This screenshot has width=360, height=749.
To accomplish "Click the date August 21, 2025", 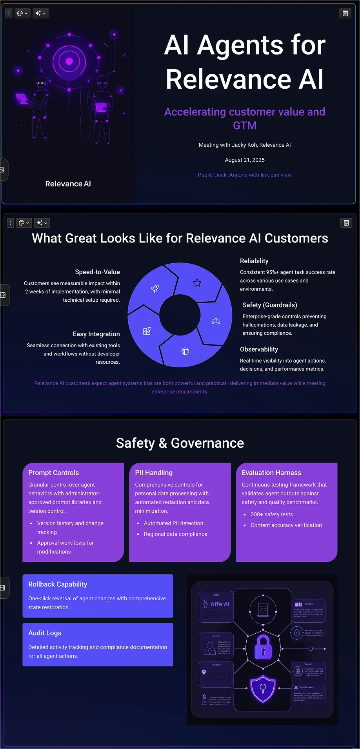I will click(245, 160).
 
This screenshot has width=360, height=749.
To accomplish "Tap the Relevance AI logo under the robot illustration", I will click(68, 184).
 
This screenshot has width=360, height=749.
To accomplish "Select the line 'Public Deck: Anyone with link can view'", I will click(245, 175).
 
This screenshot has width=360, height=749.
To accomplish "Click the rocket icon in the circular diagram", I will click(155, 289).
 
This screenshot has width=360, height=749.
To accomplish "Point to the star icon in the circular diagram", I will click(197, 283).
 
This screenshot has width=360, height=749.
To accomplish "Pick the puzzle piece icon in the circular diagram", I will click(147, 332).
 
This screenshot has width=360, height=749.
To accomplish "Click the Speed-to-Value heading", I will click(97, 272).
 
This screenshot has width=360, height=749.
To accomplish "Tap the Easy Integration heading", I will click(96, 334).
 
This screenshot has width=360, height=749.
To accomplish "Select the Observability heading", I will click(259, 350).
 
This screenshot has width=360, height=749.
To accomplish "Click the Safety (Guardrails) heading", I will click(270, 305).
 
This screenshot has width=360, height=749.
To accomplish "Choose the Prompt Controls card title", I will click(54, 473).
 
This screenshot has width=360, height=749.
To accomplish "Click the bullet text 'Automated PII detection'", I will click(173, 523).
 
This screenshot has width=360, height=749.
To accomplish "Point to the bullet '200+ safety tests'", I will click(272, 514).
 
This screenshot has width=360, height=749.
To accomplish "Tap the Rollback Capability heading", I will click(58, 584).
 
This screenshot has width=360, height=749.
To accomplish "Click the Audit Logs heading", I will click(45, 633).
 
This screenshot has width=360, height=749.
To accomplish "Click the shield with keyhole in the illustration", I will click(263, 688).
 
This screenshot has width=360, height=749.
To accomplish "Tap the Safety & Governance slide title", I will click(180, 443).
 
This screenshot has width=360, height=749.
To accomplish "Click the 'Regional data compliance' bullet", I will click(175, 534).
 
